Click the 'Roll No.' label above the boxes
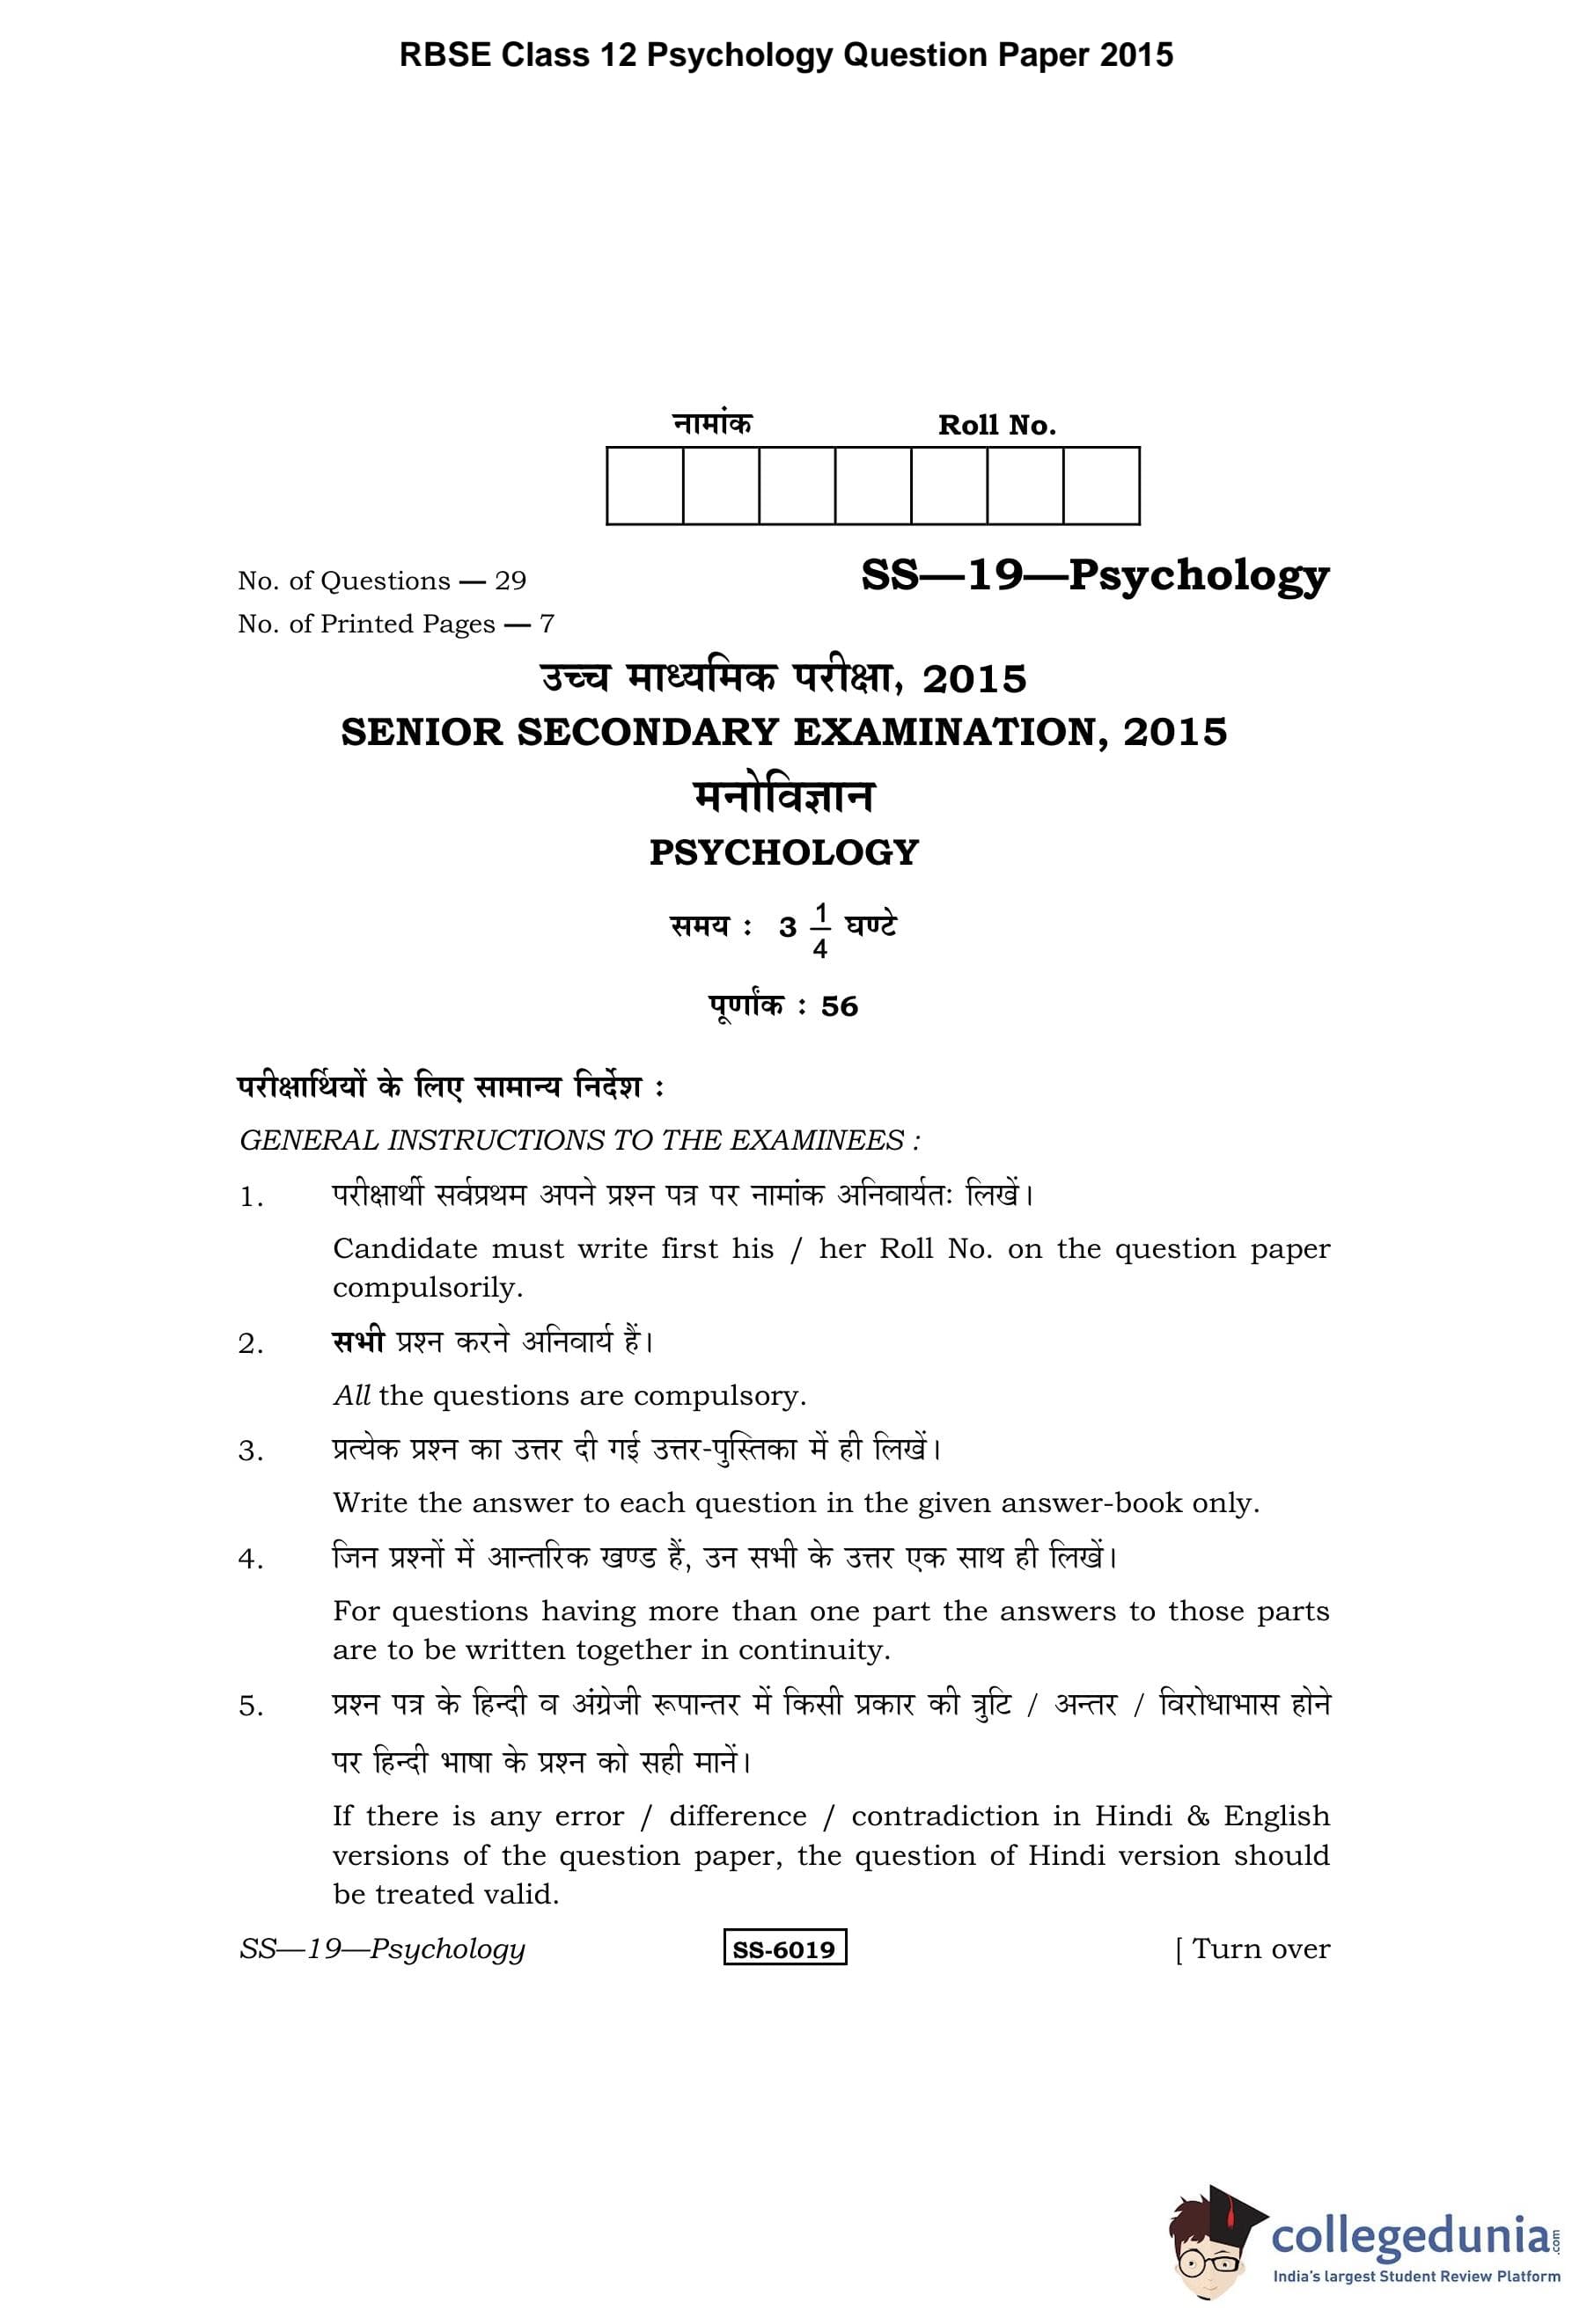(996, 426)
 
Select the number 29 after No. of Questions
(511, 581)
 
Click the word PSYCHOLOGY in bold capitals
(783, 852)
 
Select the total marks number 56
(839, 1006)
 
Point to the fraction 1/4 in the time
(820, 930)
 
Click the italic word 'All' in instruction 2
(352, 1395)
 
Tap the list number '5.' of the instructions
(251, 1707)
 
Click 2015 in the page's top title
(1136, 55)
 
